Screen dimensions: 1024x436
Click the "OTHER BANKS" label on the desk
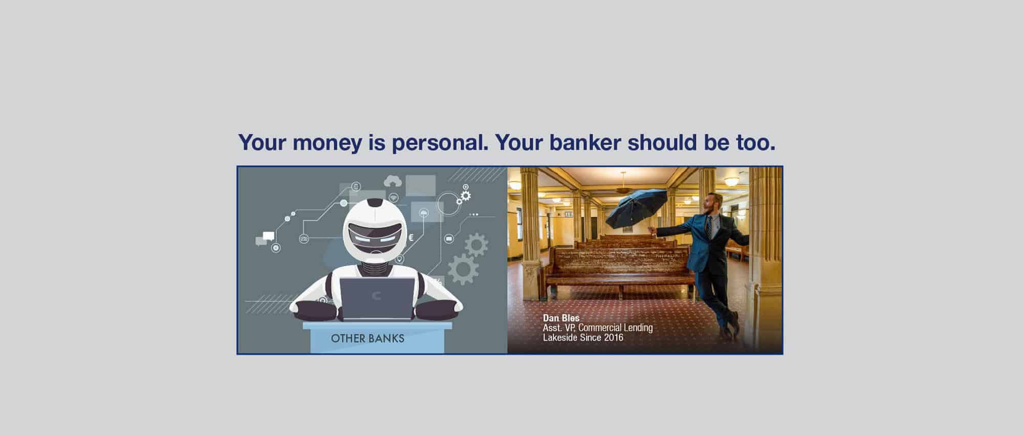367,338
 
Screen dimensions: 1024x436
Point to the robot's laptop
378,298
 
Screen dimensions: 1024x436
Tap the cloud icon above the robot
393,181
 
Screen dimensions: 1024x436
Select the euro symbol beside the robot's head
411,237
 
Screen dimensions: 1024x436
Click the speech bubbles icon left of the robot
265,238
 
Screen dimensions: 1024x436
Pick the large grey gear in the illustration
463,269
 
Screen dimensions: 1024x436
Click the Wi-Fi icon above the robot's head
393,198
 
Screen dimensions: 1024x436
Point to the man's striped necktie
708,227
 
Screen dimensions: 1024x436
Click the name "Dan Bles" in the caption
561,318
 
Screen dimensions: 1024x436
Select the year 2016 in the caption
614,338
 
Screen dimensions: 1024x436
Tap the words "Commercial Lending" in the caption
616,328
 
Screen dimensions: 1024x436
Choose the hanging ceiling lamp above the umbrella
623,185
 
